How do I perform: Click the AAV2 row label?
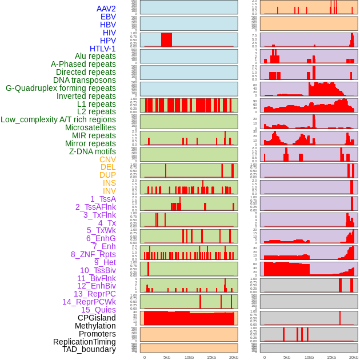[x=106, y=9]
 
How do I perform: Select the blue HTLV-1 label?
[x=103, y=49]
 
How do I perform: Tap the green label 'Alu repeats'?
[x=95, y=57]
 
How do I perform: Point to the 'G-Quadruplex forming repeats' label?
[x=61, y=88]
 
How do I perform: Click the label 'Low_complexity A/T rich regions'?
[x=58, y=119]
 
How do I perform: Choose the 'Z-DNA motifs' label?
[x=93, y=151]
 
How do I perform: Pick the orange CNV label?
[x=107, y=159]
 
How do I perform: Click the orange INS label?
[x=109, y=183]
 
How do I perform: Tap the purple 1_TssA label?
[x=103, y=199]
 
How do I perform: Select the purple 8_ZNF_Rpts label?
[x=93, y=254]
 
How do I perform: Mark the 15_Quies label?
[x=98, y=310]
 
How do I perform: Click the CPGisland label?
[x=97, y=318]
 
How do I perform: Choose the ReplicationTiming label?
[x=85, y=342]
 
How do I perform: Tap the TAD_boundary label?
[x=89, y=349]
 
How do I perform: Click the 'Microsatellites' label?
[x=90, y=127]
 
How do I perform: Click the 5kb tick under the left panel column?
[x=167, y=358]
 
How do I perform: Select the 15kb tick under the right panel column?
[x=331, y=358]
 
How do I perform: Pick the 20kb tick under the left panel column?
[x=234, y=358]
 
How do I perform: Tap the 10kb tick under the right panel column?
[x=309, y=358]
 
